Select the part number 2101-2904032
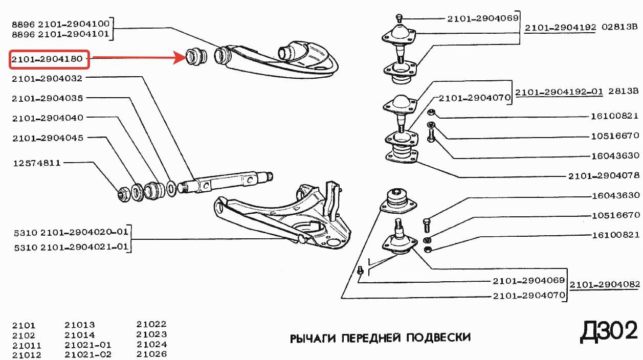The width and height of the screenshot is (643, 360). pos(47,78)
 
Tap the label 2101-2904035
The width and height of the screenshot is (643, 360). pos(47,98)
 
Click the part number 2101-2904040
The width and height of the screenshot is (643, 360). pos(47,118)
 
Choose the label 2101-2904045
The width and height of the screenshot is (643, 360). pos(47,138)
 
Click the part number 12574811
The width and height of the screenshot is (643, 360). pos(36,163)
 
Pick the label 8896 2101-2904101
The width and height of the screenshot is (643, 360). pos(61,35)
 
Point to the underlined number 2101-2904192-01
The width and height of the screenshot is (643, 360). pos(559,92)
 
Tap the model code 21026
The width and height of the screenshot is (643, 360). pos(151,354)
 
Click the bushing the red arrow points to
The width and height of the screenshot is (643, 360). pos(195,56)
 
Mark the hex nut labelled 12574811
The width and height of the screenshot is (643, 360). pos(123,193)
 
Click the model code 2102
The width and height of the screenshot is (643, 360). pos(24,335)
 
